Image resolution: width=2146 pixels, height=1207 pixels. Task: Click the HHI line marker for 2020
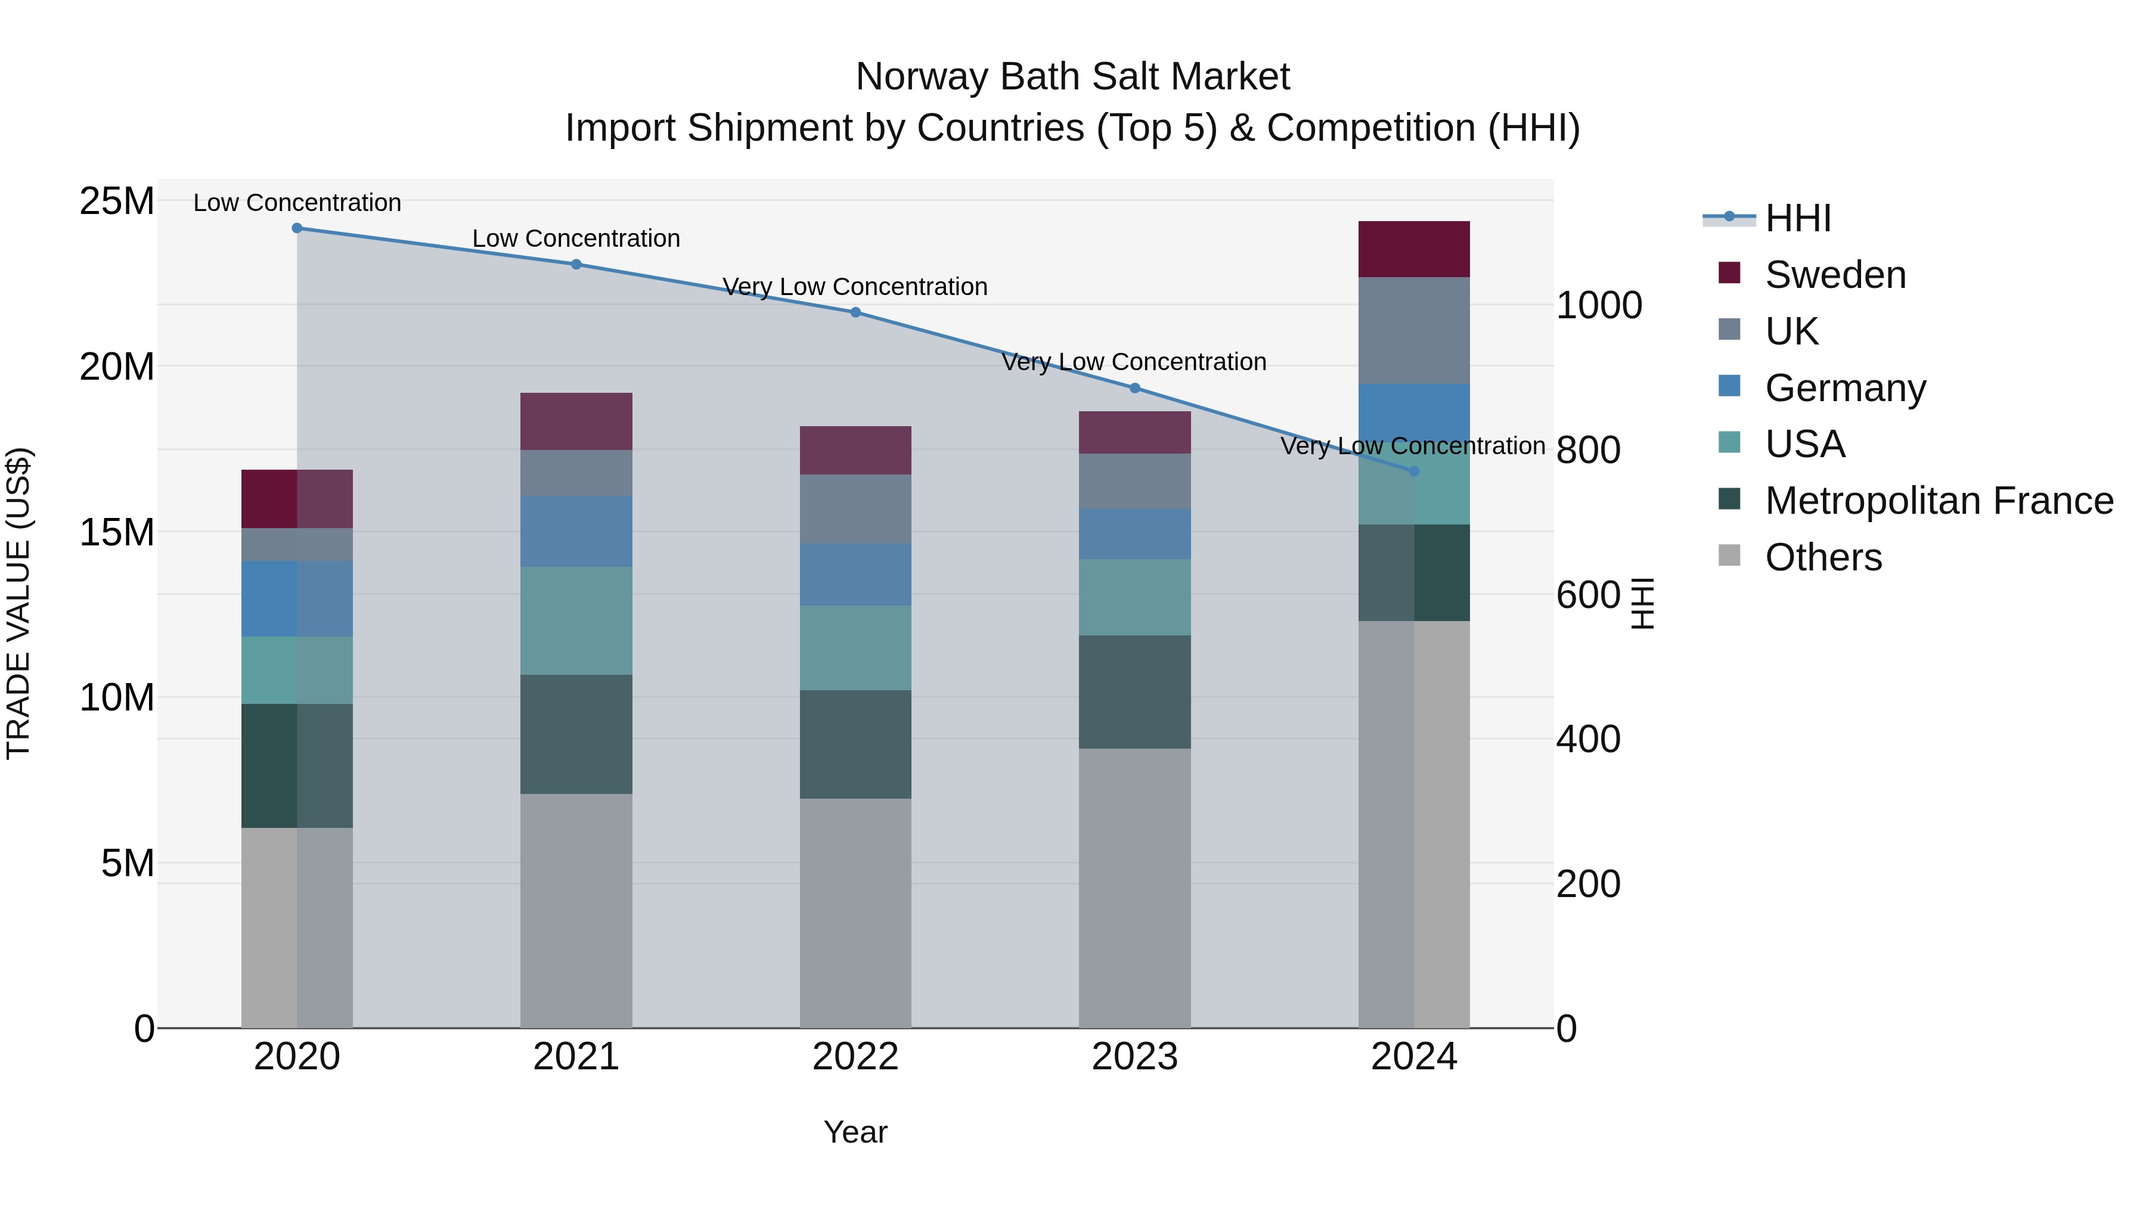click(x=297, y=228)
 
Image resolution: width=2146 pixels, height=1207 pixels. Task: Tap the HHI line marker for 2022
click(x=855, y=312)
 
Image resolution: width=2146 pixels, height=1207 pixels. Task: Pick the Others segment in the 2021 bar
click(x=576, y=910)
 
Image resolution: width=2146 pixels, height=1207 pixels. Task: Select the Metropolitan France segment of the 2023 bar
click(x=1134, y=691)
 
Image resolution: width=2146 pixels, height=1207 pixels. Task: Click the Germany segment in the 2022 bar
click(x=855, y=574)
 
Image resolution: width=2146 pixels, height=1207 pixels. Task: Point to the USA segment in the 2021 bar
click(x=576, y=620)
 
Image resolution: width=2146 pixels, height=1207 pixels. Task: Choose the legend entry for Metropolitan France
click(x=1939, y=501)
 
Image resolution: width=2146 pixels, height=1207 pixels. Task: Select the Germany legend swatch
click(x=1729, y=386)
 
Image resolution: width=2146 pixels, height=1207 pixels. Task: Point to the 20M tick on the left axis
click(x=117, y=367)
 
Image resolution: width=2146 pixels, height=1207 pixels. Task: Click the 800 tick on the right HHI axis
click(x=1588, y=450)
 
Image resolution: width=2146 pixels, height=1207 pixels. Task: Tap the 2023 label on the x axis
click(x=1134, y=1057)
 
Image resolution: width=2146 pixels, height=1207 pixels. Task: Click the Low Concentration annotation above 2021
click(x=576, y=238)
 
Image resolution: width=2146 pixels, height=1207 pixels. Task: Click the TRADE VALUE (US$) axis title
click(x=18, y=603)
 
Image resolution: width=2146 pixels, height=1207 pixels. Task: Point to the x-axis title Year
click(x=855, y=1132)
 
